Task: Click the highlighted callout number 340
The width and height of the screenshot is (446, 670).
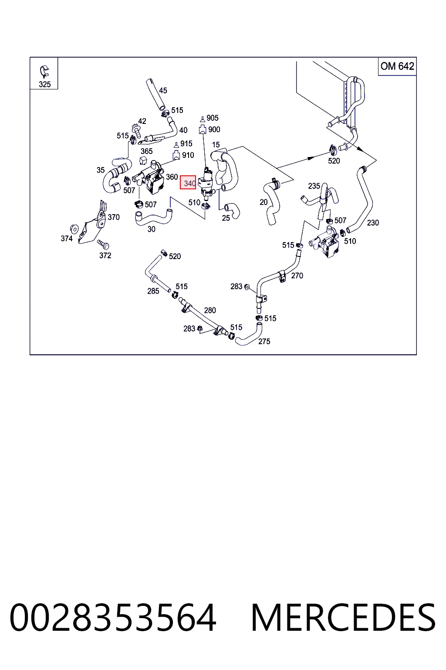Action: (x=189, y=183)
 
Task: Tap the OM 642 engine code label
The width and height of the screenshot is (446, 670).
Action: (x=397, y=66)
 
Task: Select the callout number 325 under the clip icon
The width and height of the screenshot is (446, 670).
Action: (x=44, y=84)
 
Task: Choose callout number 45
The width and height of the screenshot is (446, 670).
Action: (x=163, y=90)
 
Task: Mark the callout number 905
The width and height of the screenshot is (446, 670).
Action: (x=213, y=118)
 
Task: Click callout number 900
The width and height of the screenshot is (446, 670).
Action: (x=214, y=130)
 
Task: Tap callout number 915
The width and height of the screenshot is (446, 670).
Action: (x=186, y=144)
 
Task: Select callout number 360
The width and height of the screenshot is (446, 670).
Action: (x=172, y=177)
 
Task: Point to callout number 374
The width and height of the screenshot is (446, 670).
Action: (x=67, y=239)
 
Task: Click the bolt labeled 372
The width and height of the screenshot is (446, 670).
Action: (x=103, y=244)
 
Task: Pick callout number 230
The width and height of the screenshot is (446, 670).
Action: (x=373, y=222)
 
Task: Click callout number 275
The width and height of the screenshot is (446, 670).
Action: (x=264, y=341)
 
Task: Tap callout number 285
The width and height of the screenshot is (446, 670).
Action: (x=153, y=291)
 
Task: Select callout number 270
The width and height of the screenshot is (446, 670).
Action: (x=297, y=276)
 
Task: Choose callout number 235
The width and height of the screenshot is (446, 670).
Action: (x=314, y=186)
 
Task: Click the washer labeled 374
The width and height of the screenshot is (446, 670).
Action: (x=74, y=229)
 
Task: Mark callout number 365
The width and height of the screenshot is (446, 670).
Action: (x=147, y=151)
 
